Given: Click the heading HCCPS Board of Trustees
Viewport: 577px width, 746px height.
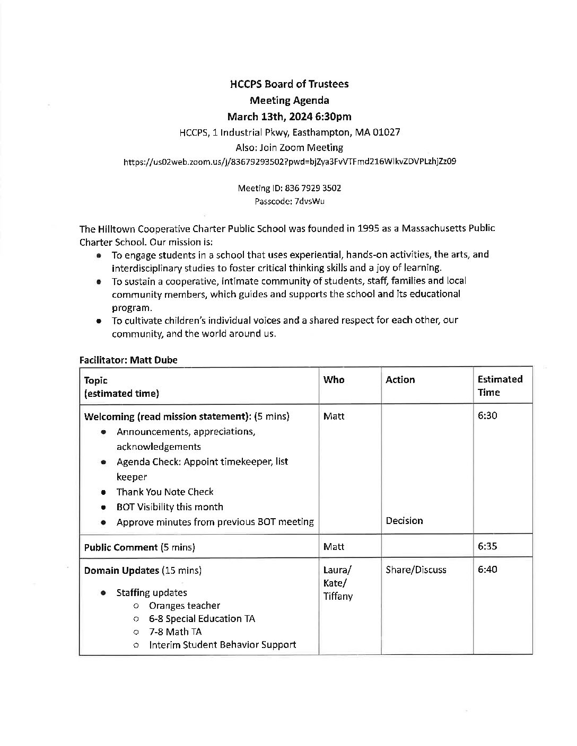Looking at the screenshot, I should click(289, 84).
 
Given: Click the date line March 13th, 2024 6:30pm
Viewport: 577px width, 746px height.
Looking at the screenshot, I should click(289, 117).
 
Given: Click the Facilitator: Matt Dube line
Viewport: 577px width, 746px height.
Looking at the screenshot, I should click(128, 360).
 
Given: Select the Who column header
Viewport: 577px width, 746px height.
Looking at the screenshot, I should click(334, 380).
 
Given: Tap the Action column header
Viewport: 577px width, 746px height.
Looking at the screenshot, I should click(400, 380).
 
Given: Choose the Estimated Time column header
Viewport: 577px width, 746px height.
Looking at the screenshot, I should click(500, 386).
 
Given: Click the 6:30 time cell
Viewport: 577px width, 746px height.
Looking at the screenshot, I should click(487, 416).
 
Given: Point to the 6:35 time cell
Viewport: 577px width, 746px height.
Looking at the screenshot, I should click(487, 546).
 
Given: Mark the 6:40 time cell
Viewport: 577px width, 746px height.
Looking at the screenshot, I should click(487, 570).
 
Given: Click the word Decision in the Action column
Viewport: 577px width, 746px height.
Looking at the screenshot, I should click(404, 521).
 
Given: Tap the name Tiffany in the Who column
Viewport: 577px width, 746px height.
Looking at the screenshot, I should click(338, 597).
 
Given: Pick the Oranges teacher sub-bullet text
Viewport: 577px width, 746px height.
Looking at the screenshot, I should click(185, 606).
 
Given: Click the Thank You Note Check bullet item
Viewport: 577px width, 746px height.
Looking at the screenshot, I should click(165, 492).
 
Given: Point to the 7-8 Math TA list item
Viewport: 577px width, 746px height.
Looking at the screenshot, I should click(175, 632).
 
